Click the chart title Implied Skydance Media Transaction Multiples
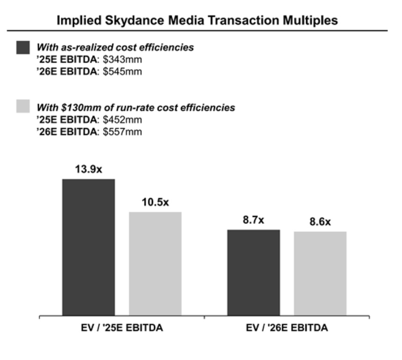197,21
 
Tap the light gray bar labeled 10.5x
155,263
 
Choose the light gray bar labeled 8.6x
320,273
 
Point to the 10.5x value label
155,202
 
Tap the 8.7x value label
254,220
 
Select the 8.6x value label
320,222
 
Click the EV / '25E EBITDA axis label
122,328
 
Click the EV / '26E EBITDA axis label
287,328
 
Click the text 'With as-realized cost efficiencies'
115,48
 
